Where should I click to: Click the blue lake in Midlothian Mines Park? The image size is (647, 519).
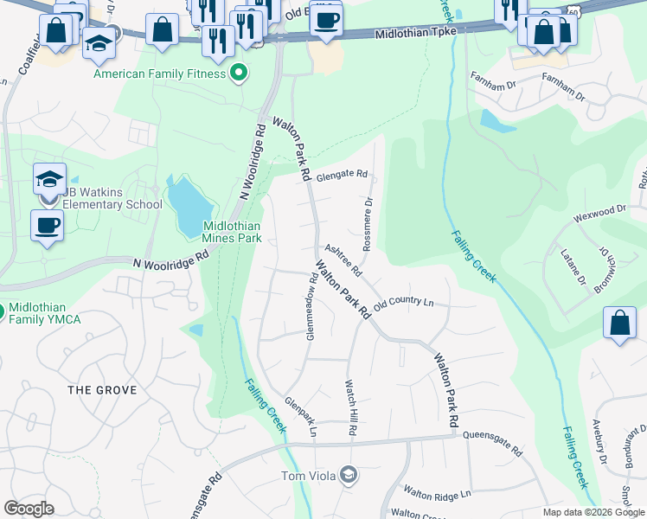(189, 206)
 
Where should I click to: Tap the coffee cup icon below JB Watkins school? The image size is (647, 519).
(48, 226)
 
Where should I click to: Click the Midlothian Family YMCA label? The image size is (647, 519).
(48, 314)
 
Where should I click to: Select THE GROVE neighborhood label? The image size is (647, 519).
(102, 390)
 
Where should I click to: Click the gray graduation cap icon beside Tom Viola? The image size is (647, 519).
(348, 474)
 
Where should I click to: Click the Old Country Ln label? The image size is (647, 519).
(403, 302)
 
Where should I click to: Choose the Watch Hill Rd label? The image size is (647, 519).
(351, 407)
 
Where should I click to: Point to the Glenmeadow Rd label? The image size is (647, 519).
(311, 306)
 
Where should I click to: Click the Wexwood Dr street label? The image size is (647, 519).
(604, 210)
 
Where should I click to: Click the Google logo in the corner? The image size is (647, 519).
(29, 509)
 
